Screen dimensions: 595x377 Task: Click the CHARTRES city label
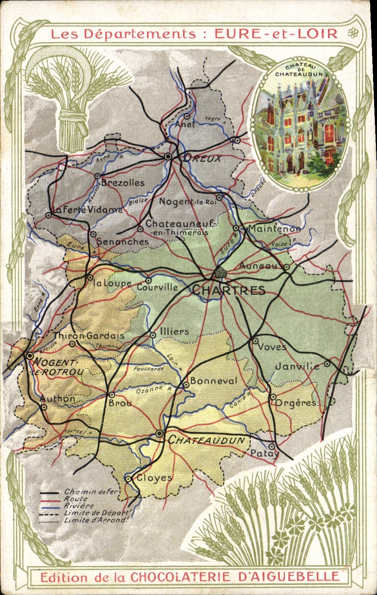click(229, 290)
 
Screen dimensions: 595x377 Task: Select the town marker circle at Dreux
click(168, 156)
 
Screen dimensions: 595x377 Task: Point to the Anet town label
click(185, 124)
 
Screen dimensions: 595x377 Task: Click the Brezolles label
click(123, 183)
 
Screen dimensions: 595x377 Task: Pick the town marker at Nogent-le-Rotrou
click(30, 356)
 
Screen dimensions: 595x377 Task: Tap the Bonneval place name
click(214, 381)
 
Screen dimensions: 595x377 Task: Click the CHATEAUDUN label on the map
click(206, 440)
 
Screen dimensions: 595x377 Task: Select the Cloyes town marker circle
click(128, 478)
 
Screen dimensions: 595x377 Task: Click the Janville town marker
click(327, 364)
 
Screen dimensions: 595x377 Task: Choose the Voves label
click(272, 347)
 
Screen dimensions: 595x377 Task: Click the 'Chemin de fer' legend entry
click(90, 492)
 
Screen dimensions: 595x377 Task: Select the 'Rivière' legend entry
click(79, 506)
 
